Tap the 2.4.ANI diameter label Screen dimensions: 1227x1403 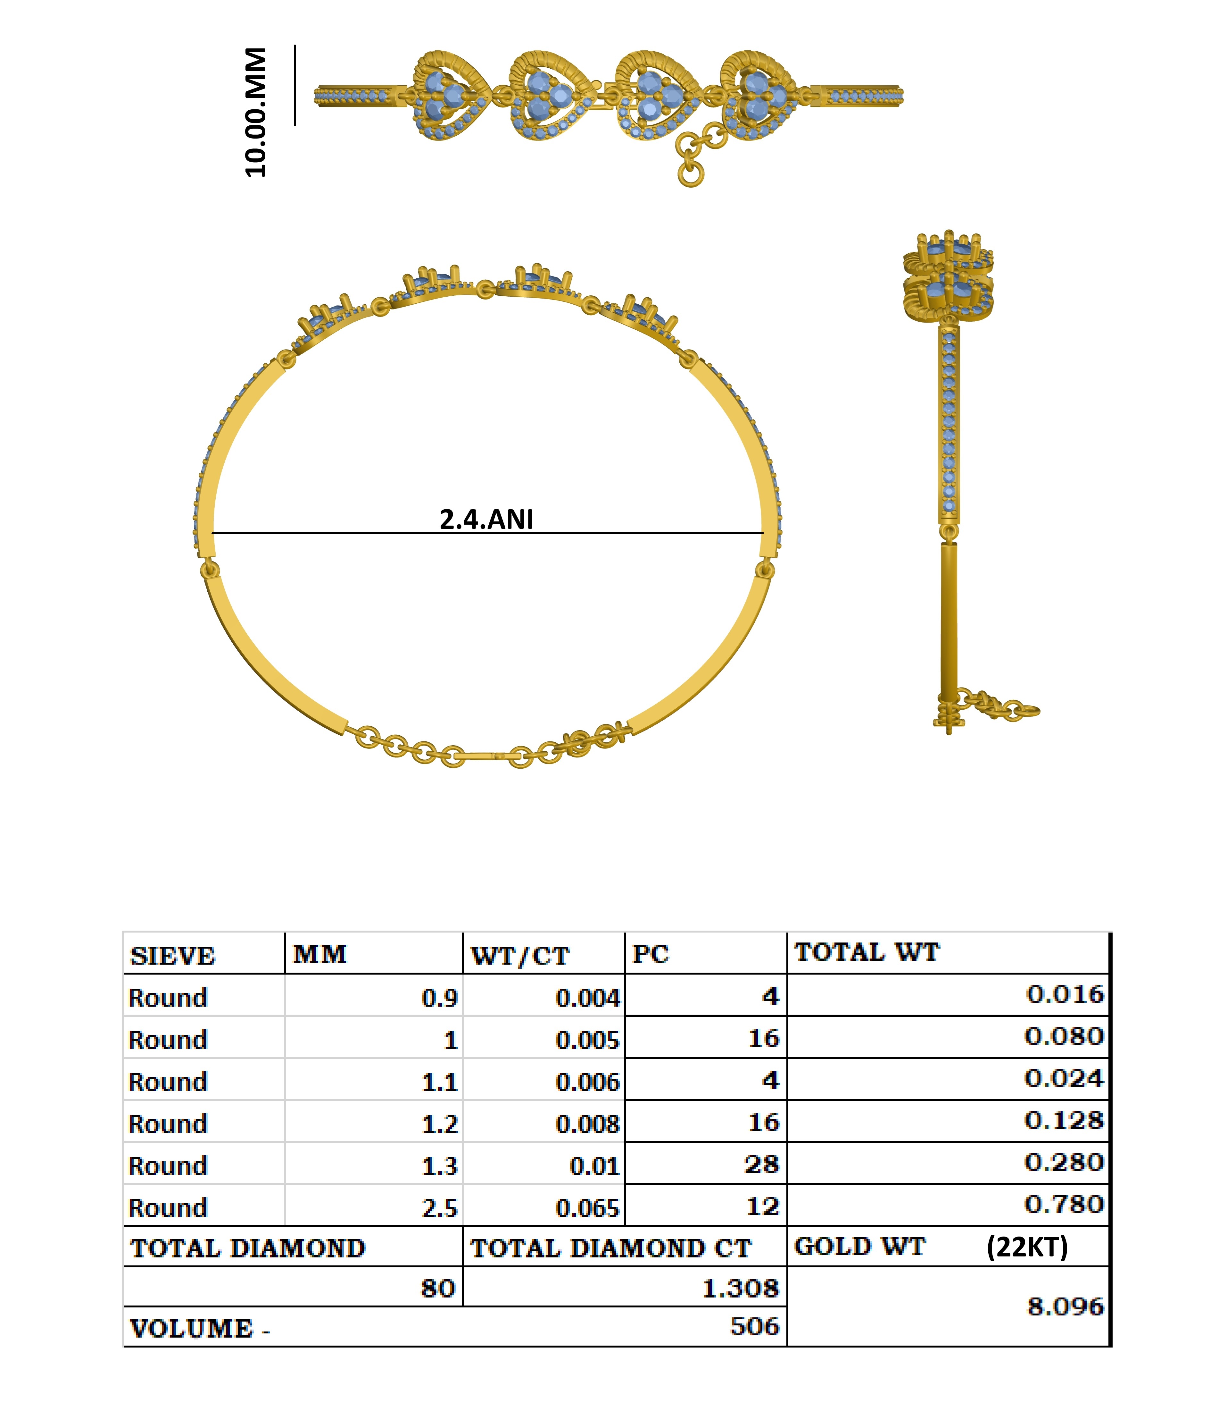486,519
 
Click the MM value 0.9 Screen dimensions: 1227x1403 440,998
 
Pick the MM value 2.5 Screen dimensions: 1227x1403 440,1208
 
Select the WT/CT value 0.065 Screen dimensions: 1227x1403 587,1208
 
